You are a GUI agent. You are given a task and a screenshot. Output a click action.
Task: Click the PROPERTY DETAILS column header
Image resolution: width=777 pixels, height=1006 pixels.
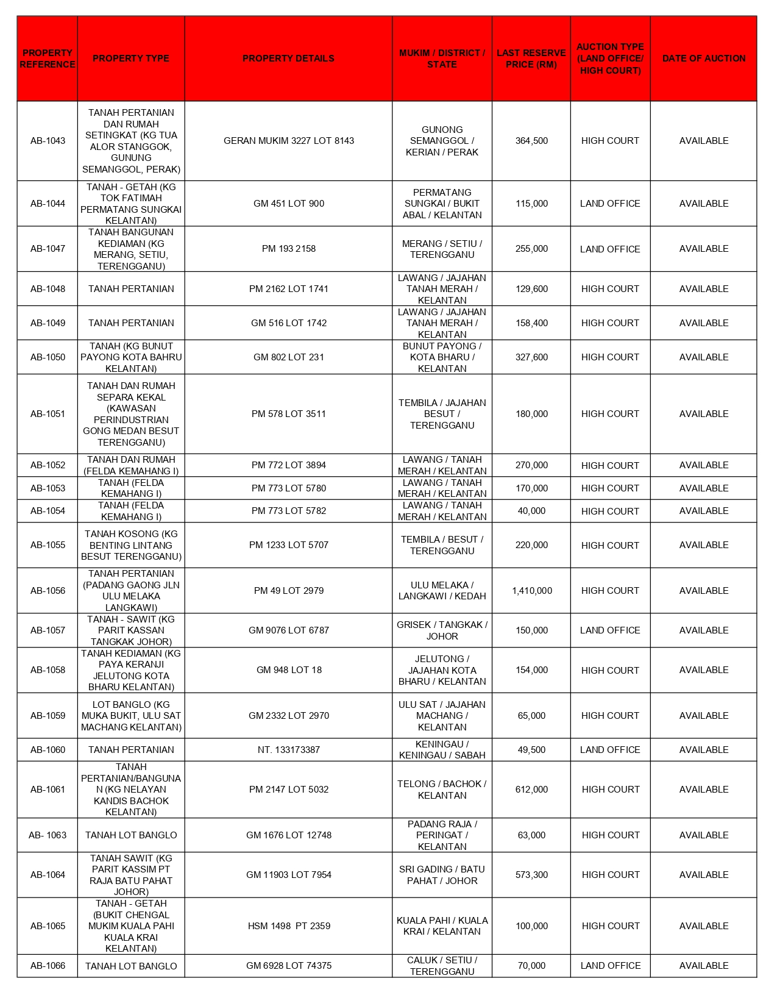pyautogui.click(x=288, y=59)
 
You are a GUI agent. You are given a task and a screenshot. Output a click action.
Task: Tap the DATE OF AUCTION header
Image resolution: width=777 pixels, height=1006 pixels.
pyautogui.click(x=703, y=59)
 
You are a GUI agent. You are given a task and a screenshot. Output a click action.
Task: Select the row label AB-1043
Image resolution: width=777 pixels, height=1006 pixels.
pyautogui.click(x=48, y=141)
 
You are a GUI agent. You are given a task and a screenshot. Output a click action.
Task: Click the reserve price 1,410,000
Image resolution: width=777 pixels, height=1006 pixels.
pyautogui.click(x=531, y=591)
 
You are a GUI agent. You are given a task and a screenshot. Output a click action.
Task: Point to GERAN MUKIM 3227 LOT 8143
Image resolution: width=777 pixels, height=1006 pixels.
pyautogui.click(x=288, y=141)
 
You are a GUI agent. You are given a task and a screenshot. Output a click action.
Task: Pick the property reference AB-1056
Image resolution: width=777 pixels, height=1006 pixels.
pyautogui.click(x=48, y=591)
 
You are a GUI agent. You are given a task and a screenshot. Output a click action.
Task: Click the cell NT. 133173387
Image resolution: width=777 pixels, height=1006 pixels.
pyautogui.click(x=288, y=750)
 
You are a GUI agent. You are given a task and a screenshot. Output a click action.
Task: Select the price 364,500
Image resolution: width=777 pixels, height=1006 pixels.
pyautogui.click(x=531, y=141)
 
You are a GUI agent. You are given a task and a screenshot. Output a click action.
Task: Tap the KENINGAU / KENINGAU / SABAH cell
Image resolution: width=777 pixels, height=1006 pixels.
pyautogui.click(x=442, y=750)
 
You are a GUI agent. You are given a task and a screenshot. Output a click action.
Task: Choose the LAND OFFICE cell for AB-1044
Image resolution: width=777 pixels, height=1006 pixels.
pyautogui.click(x=610, y=204)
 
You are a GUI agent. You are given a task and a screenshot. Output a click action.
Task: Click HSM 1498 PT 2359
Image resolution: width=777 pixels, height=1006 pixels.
pyautogui.click(x=288, y=926)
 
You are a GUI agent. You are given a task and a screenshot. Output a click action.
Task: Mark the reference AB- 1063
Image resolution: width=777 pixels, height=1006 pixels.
pyautogui.click(x=48, y=835)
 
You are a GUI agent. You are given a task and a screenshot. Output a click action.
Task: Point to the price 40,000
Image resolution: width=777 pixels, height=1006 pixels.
pyautogui.click(x=531, y=511)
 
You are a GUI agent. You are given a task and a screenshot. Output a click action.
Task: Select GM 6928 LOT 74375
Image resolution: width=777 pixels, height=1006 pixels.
pyautogui.click(x=288, y=966)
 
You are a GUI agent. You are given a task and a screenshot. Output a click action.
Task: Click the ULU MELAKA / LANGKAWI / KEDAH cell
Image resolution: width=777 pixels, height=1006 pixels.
pyautogui.click(x=442, y=591)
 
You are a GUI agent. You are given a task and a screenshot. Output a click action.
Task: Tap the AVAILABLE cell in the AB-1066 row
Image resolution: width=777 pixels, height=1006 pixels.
pyautogui.click(x=703, y=966)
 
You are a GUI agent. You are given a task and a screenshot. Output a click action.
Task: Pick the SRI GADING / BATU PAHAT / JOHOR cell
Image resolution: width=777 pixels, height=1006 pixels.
pyautogui.click(x=442, y=875)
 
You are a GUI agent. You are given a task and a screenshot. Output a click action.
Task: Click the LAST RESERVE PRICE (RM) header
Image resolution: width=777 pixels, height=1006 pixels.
pyautogui.click(x=531, y=59)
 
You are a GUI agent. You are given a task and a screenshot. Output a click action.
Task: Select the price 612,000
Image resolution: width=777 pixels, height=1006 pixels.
pyautogui.click(x=531, y=790)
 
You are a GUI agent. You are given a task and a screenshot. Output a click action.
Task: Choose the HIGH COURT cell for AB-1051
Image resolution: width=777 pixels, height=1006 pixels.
pyautogui.click(x=610, y=414)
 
